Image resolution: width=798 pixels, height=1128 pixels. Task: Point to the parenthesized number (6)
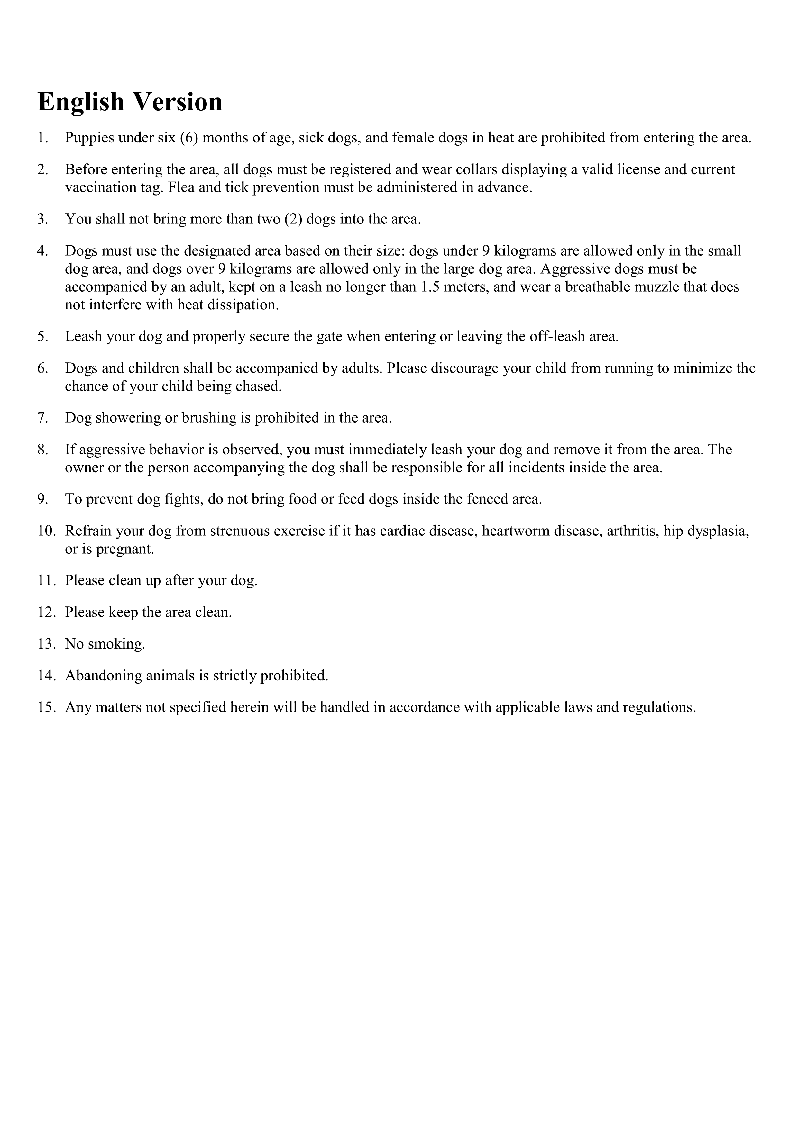click(189, 138)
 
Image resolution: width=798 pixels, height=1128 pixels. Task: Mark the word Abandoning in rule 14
click(104, 676)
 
